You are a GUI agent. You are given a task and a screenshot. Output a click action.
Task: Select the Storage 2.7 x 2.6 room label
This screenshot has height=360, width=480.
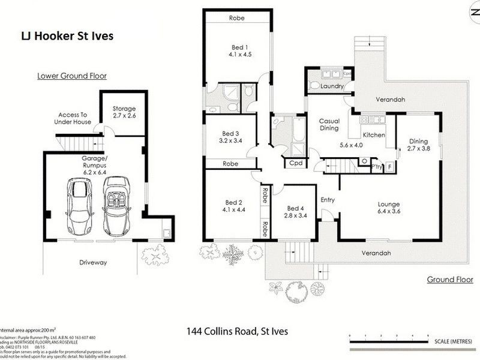124,112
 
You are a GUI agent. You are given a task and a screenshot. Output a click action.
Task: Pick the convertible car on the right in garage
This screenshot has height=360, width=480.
116,206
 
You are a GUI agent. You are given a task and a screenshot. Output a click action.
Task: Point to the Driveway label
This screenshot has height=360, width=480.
93,262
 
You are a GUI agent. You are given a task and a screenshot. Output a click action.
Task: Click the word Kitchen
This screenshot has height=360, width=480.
374,136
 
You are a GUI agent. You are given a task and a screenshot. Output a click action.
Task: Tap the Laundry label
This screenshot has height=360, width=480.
331,86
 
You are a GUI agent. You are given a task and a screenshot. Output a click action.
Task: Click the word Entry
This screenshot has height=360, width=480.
328,200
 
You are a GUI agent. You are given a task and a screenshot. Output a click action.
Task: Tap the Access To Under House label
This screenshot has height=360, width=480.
74,118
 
